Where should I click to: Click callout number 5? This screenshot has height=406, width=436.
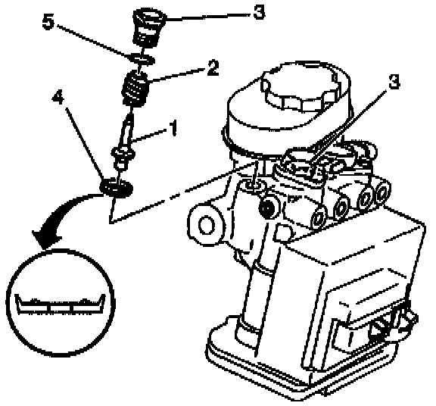[x=48, y=21]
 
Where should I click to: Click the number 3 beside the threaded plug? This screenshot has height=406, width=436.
[x=259, y=12]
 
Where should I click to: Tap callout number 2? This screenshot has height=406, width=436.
[x=213, y=67]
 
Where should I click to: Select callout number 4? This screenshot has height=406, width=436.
[x=59, y=98]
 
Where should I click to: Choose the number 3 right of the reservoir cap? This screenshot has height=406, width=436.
[x=394, y=82]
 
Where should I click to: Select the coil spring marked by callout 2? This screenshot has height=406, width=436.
[x=135, y=89]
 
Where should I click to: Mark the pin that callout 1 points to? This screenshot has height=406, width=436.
[x=124, y=142]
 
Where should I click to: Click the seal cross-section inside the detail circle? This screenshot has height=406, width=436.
[x=60, y=305]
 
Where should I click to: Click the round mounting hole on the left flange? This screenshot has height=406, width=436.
[x=207, y=225]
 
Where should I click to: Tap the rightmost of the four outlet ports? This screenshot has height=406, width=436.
[x=383, y=192]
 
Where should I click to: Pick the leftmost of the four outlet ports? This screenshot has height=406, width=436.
[x=319, y=217]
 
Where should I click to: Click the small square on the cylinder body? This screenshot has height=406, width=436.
[x=283, y=233]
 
